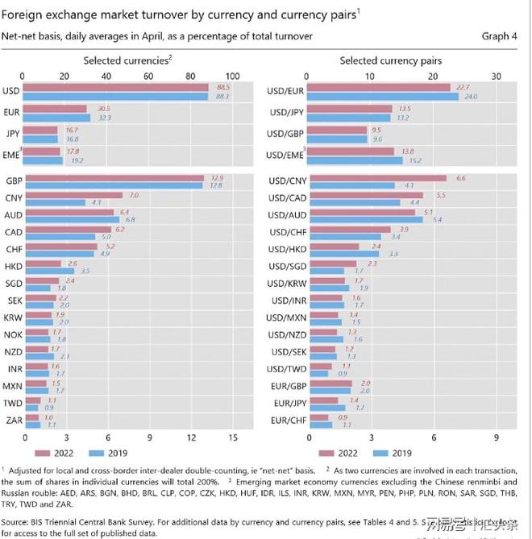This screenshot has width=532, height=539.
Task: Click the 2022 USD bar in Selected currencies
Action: click(117, 87)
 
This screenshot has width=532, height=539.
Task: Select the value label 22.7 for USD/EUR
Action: click(462, 87)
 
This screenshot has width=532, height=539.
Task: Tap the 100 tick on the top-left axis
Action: click(235, 75)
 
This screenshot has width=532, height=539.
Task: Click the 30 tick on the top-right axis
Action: click(497, 75)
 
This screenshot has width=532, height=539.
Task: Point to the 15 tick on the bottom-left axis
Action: click(233, 438)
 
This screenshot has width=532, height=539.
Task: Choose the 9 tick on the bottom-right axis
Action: click(497, 438)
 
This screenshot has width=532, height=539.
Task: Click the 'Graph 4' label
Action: click(495, 36)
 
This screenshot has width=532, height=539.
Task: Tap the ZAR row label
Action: click(14, 420)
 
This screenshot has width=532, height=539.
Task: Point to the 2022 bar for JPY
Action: click(42, 129)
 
